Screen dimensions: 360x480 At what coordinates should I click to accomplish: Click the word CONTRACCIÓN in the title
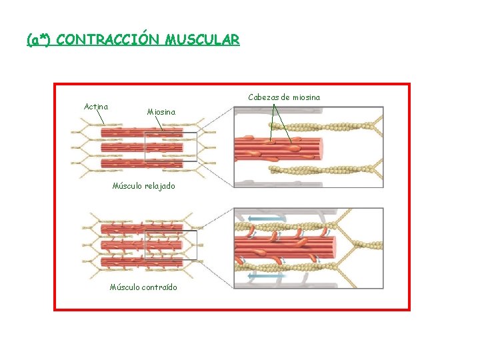(107, 40)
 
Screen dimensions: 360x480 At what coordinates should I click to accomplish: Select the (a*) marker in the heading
(39, 40)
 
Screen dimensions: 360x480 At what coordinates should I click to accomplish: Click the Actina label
(97, 106)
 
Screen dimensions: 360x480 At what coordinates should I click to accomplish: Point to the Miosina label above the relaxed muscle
(161, 112)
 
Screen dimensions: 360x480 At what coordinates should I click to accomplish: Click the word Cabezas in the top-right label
(263, 97)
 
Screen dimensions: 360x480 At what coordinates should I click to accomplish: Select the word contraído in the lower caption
(160, 287)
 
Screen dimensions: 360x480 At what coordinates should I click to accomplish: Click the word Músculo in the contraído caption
(125, 287)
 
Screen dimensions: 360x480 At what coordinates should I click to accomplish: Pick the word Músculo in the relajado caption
(126, 186)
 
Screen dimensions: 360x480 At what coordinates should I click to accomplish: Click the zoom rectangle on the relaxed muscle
(171, 147)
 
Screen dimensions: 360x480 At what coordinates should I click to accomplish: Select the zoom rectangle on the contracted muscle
(171, 245)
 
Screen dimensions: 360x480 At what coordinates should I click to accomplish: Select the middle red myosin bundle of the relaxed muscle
(140, 147)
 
